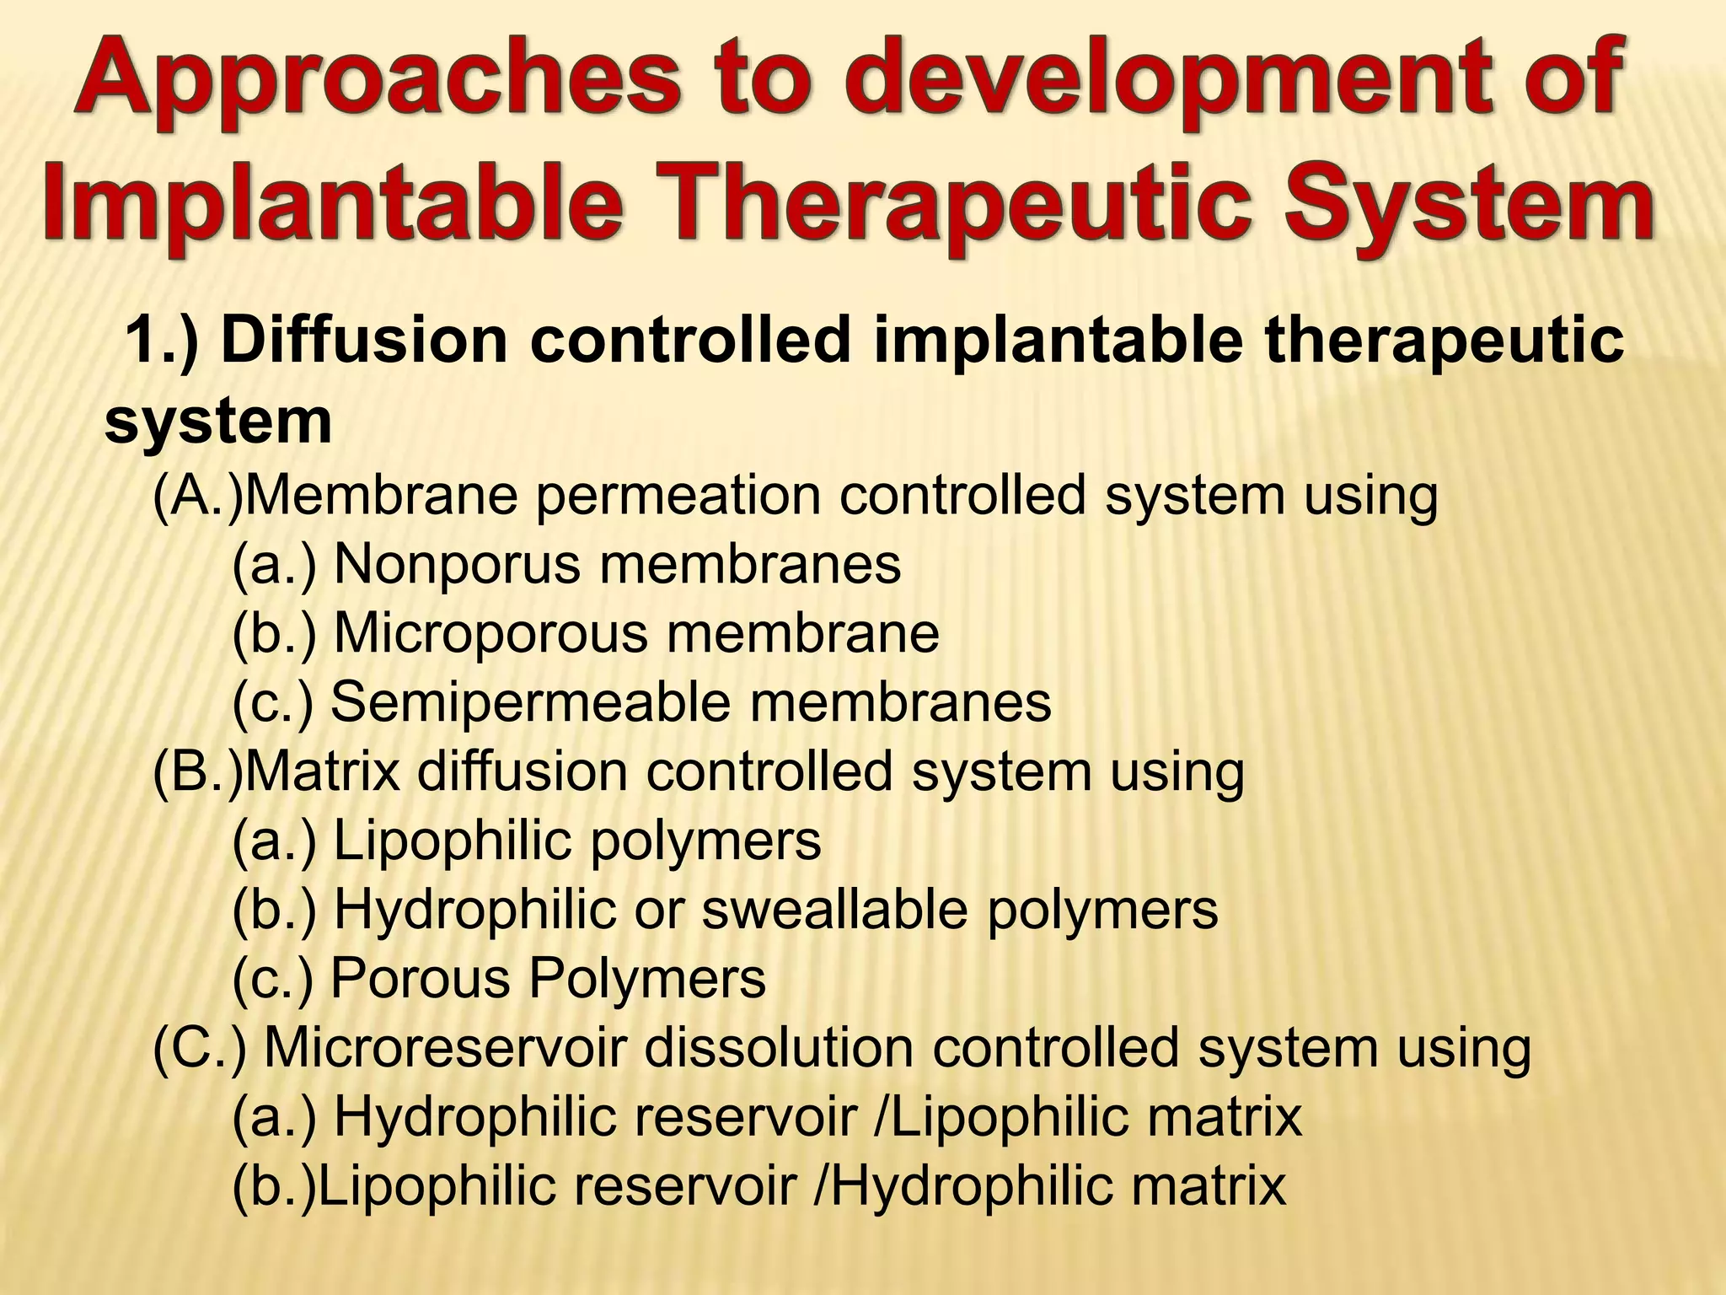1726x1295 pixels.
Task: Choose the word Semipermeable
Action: pyautogui.click(x=530, y=701)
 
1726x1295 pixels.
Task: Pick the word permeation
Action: pyautogui.click(x=678, y=496)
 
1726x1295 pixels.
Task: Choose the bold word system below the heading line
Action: pyautogui.click(x=218, y=421)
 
